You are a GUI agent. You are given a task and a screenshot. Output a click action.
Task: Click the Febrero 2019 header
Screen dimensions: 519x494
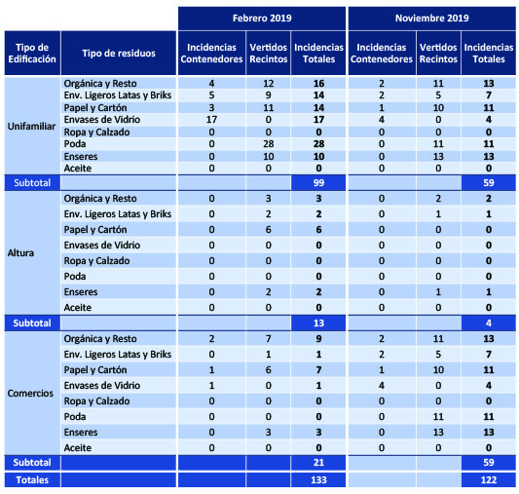pyautogui.click(x=262, y=18)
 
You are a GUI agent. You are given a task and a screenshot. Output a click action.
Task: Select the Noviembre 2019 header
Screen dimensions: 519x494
pyautogui.click(x=432, y=18)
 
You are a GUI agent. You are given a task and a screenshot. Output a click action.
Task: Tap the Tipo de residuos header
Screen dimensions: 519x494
pyautogui.click(x=119, y=53)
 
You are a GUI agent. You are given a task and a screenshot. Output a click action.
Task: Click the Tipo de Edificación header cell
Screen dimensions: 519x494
pyautogui.click(x=32, y=53)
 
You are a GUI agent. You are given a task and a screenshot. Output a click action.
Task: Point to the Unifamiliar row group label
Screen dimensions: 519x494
pyautogui.click(x=31, y=126)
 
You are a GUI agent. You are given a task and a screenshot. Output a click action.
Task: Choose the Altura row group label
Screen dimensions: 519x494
pyautogui.click(x=20, y=253)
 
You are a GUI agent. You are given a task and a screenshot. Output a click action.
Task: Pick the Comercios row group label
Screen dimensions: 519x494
pyautogui.click(x=30, y=393)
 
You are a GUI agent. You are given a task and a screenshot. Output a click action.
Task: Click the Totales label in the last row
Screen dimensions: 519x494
pyautogui.click(x=32, y=479)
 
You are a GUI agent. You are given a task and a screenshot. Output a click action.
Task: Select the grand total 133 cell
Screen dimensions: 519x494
pyautogui.click(x=318, y=479)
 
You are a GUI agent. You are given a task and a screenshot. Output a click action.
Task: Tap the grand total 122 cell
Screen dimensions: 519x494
pyautogui.click(x=489, y=479)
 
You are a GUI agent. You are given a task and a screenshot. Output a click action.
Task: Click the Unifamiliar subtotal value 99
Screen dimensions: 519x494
pyautogui.click(x=318, y=183)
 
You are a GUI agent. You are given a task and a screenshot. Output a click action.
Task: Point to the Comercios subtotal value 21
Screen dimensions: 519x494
pyautogui.click(x=318, y=463)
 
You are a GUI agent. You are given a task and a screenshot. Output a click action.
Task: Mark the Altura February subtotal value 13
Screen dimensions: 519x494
pyautogui.click(x=318, y=323)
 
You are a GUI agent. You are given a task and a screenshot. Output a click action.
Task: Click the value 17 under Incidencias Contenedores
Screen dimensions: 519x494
pyautogui.click(x=211, y=120)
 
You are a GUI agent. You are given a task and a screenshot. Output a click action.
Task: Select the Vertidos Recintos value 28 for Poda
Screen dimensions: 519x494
pyautogui.click(x=268, y=144)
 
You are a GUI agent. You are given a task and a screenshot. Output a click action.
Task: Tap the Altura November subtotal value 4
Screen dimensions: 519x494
pyautogui.click(x=489, y=323)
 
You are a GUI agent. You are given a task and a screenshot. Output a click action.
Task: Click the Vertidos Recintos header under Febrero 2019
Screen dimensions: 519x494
pyautogui.click(x=268, y=53)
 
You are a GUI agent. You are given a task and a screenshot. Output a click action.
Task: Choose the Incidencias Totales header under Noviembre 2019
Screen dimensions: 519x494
pyautogui.click(x=489, y=53)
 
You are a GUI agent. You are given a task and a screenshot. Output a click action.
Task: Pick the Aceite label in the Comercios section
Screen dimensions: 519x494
pyautogui.click(x=78, y=447)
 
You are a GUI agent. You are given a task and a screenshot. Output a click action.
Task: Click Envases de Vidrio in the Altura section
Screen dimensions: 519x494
pyautogui.click(x=102, y=246)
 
